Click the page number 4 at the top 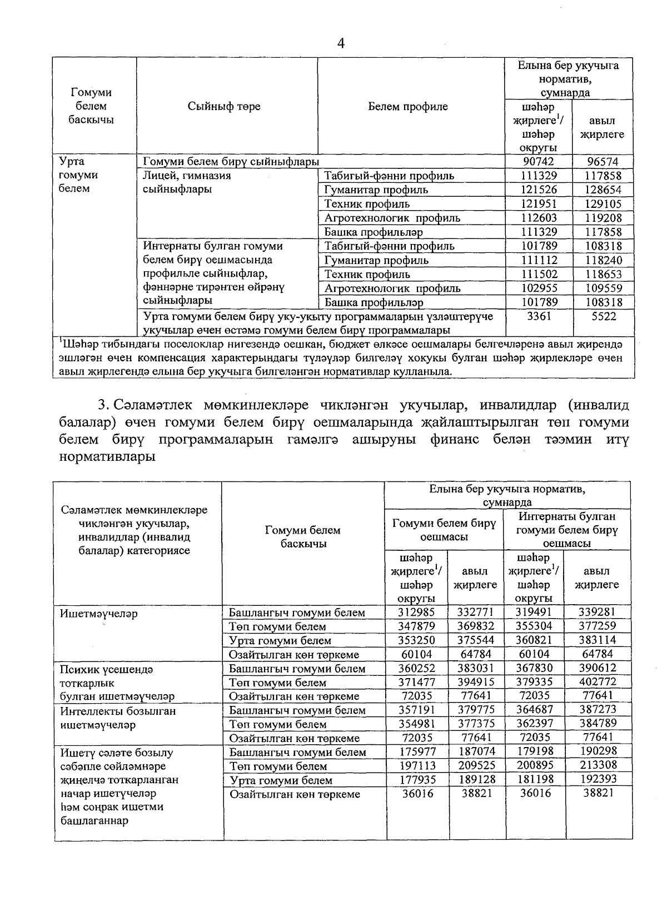tap(341, 44)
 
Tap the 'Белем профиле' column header tap(407, 106)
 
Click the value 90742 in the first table tap(539, 162)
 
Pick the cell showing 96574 tap(603, 162)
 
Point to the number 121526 tap(539, 190)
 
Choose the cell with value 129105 tap(603, 204)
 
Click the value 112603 tap(539, 218)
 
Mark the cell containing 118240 tap(603, 260)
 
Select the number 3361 tap(539, 316)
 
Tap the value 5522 tap(603, 316)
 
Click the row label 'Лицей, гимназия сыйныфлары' tap(187, 182)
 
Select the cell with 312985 tap(416, 612)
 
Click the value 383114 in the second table tap(598, 640)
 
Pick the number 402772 tap(598, 682)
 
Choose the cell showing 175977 tap(416, 752)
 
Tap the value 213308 tap(598, 766)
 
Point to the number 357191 tap(416, 710)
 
